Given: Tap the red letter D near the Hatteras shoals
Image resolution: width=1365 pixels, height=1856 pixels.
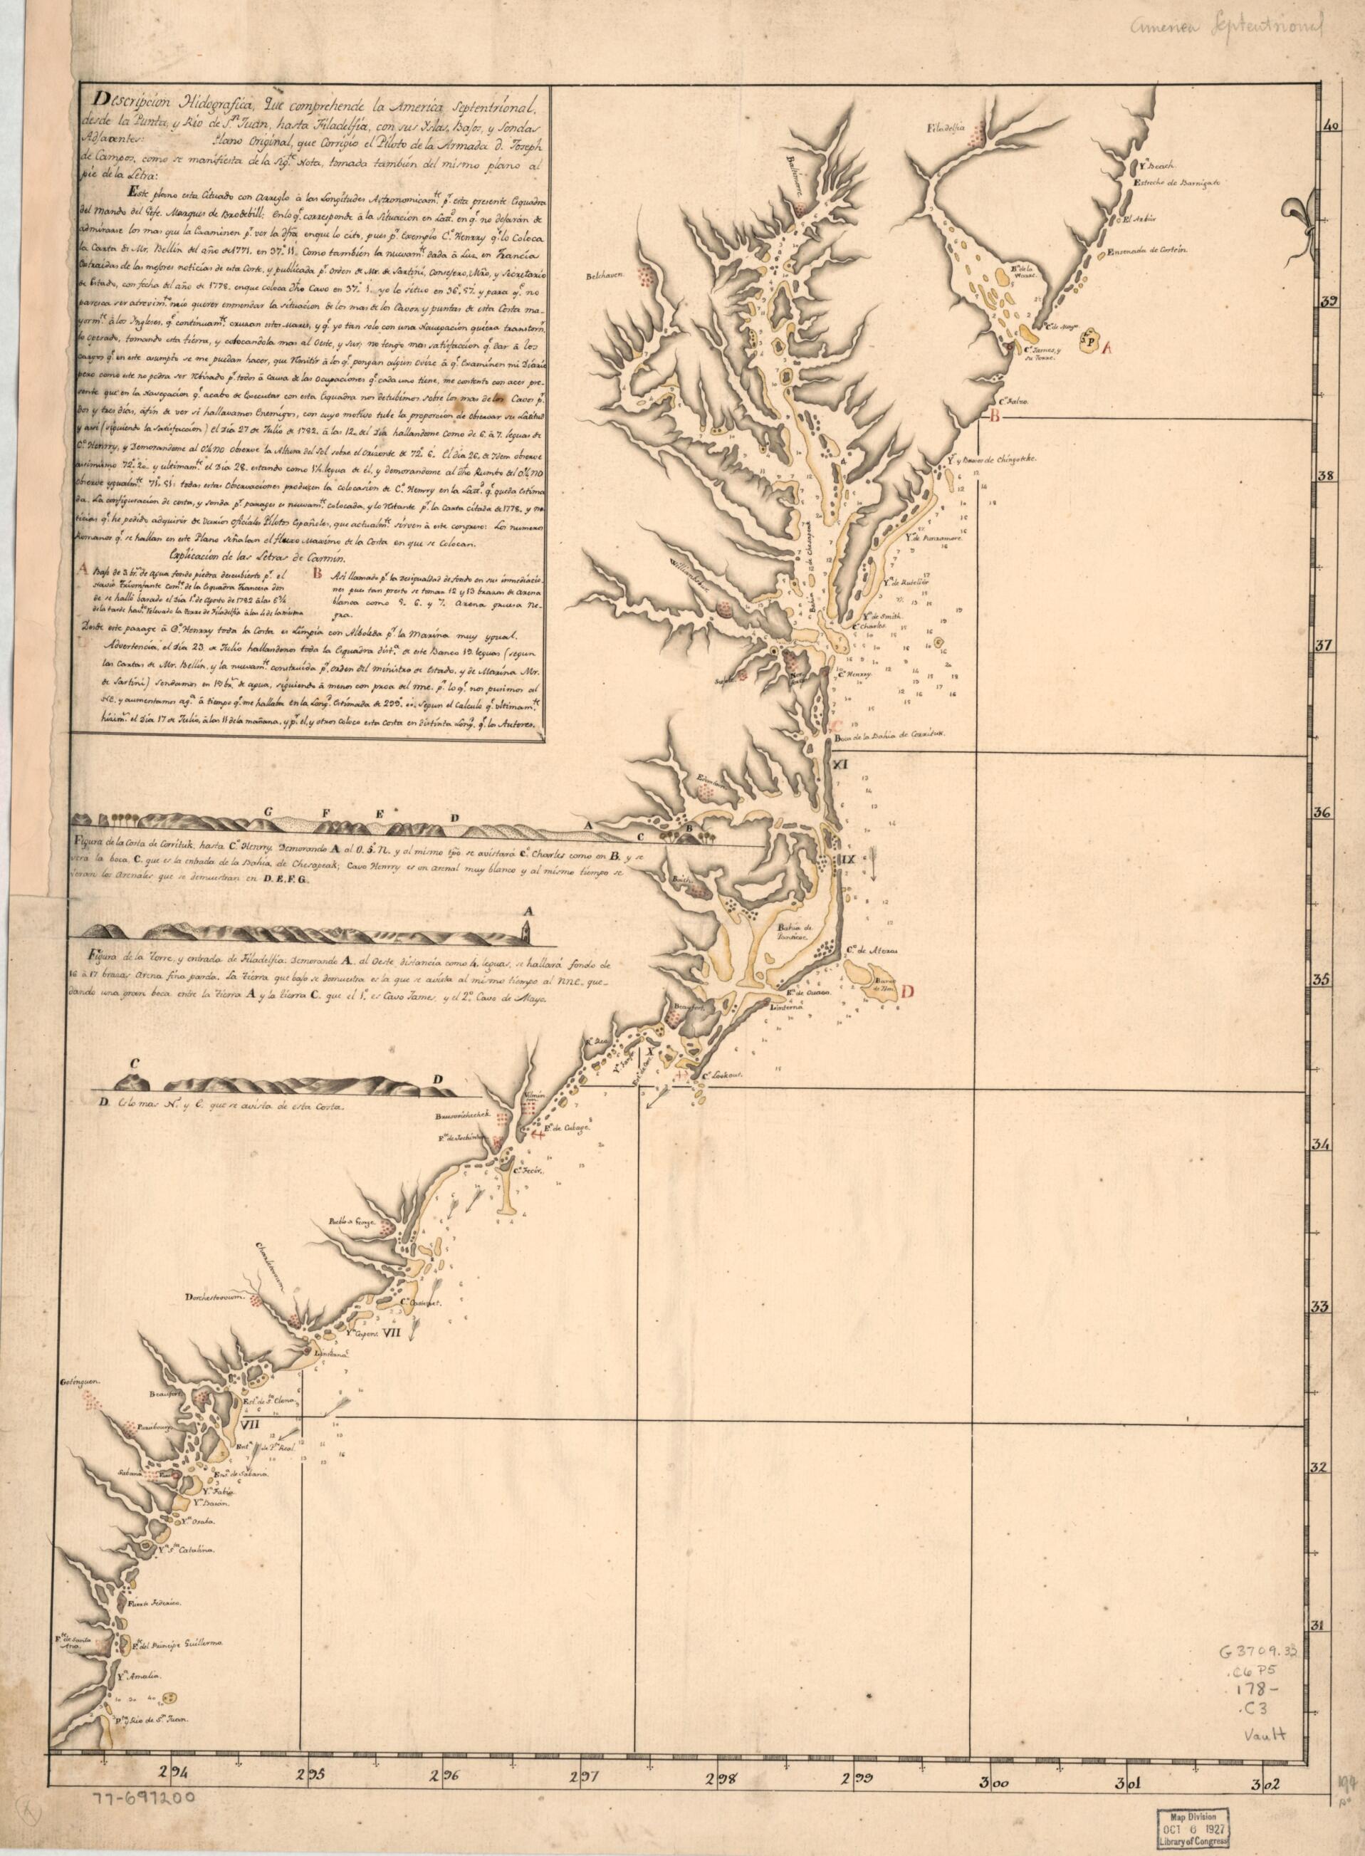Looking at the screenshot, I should pos(908,993).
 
